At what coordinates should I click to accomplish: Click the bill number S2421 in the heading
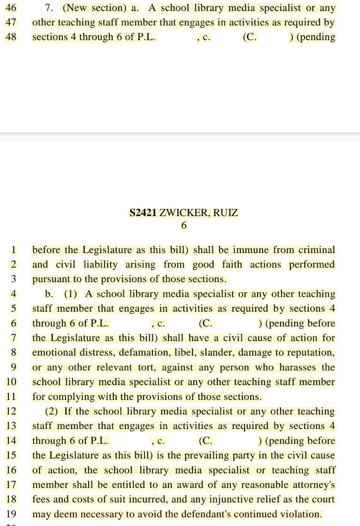point(143,213)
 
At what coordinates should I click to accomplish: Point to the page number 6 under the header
point(184,225)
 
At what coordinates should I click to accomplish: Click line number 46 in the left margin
point(11,8)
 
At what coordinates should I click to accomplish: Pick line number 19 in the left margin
point(11,514)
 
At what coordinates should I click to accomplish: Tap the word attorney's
point(313,485)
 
